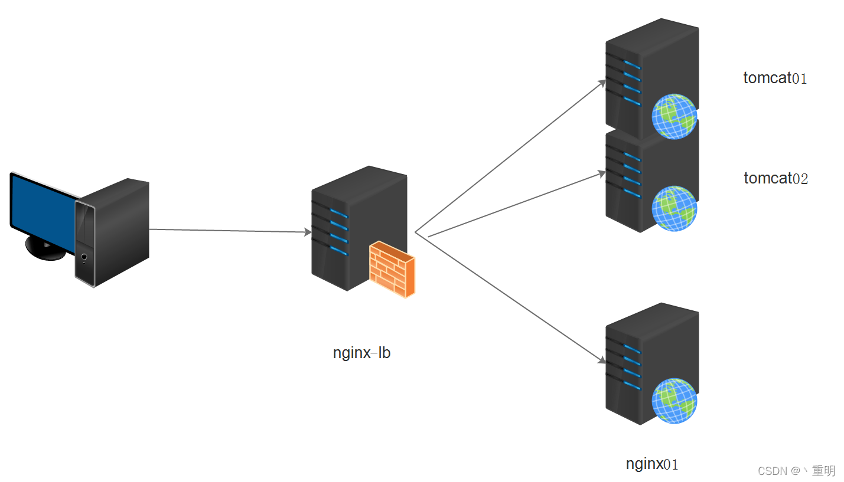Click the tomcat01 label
click(775, 78)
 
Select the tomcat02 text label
click(775, 178)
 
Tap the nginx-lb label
click(361, 353)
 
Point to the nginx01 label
click(652, 464)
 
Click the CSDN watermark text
click(796, 470)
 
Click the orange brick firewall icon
click(392, 270)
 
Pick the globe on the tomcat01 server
click(674, 116)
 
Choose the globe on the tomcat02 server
click(674, 208)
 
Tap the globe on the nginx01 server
click(674, 401)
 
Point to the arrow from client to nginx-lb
click(230, 231)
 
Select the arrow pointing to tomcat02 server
click(514, 205)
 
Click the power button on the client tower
click(84, 257)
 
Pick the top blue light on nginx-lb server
click(339, 212)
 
